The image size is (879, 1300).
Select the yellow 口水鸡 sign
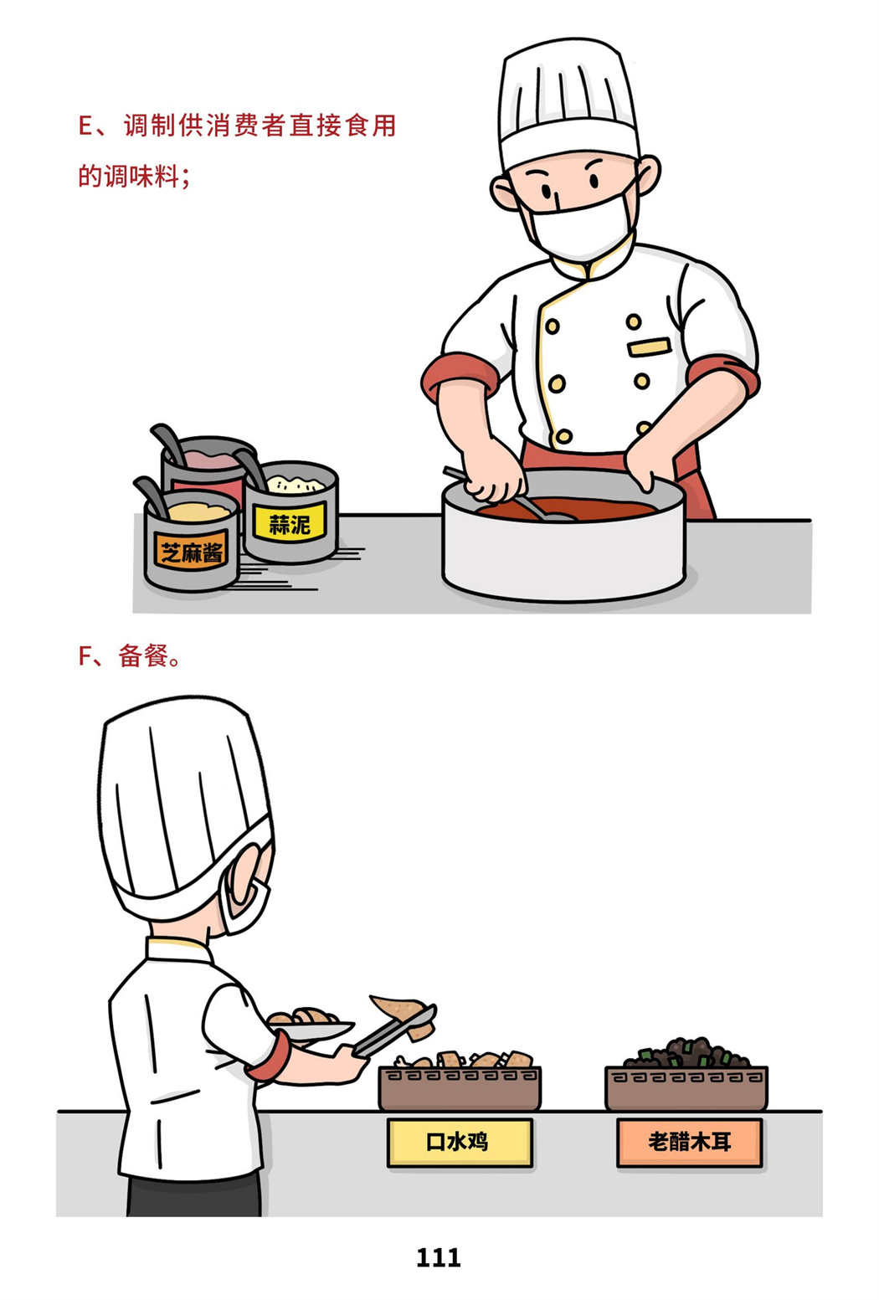460,1143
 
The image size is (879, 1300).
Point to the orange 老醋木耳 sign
689,1143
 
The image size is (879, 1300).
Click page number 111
439,1257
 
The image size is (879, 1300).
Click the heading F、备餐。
130,655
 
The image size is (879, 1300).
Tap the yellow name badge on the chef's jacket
649,347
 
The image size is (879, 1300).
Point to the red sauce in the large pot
568,508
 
